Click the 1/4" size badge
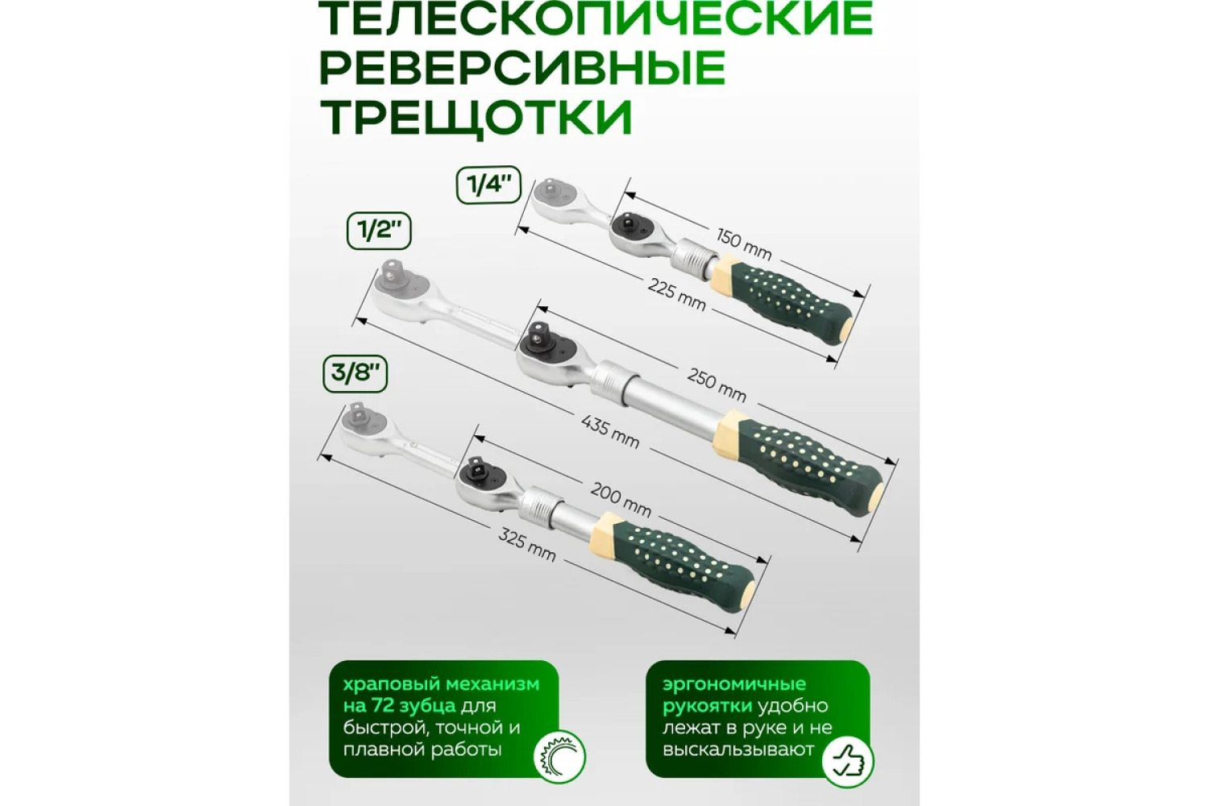489,185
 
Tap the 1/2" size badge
379,231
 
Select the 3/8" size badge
355,373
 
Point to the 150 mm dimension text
744,243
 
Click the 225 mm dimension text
677,294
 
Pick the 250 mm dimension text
717,385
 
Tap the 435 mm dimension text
610,432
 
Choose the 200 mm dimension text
621,500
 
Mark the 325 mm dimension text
526,545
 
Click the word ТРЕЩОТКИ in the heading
476,117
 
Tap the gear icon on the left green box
559,756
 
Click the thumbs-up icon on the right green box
847,762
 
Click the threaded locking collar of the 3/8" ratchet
537,503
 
